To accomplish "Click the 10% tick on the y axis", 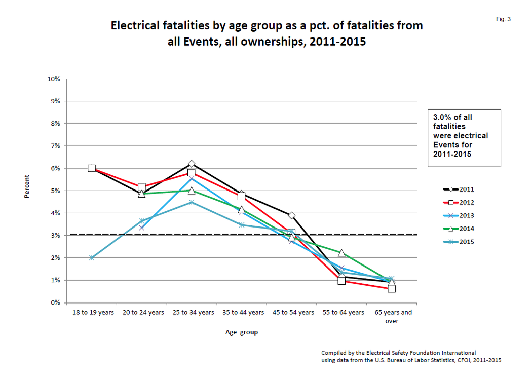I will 54,79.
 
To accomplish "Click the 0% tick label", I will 55,302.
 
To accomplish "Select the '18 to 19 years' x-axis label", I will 91,313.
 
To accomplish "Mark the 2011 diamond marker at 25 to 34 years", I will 192,164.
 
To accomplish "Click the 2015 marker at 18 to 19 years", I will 92,258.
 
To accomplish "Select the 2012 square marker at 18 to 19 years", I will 92,168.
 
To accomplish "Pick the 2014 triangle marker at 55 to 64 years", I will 341,253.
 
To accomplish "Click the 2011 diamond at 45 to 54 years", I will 292,215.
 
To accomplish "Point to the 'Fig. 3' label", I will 503,19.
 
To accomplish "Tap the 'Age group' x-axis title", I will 242,333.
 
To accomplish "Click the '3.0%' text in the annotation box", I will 442,117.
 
